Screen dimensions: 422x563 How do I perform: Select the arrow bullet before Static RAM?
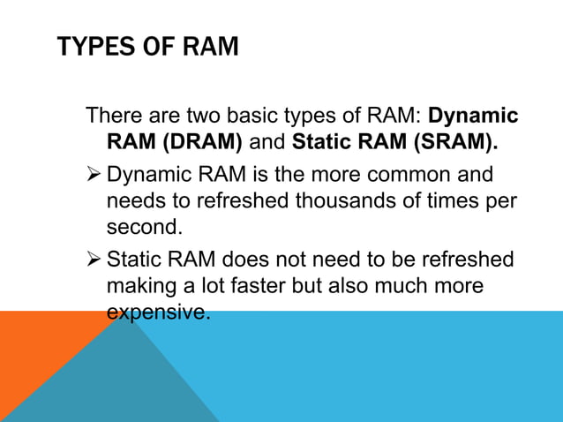click(94, 260)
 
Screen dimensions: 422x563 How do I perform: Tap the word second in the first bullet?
click(144, 227)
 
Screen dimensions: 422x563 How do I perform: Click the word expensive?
click(158, 312)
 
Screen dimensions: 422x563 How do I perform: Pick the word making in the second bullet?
click(142, 286)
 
